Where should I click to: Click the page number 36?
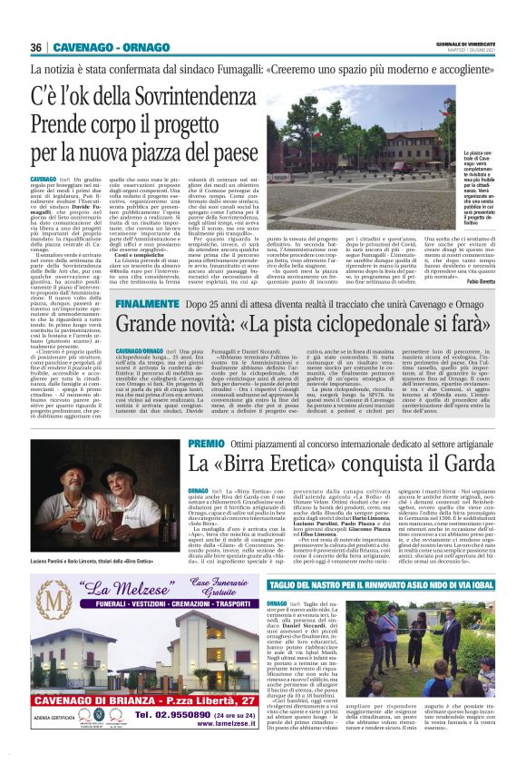click(x=35, y=47)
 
